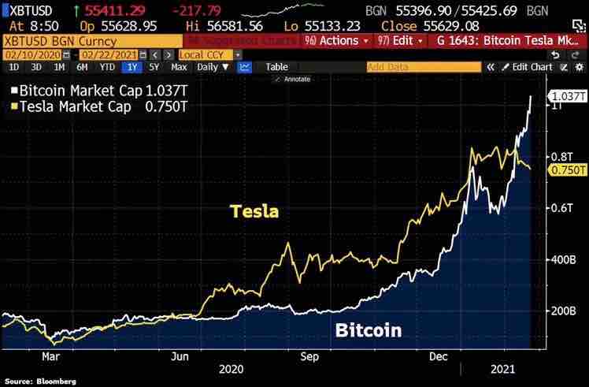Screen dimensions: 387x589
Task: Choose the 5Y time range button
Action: (154, 67)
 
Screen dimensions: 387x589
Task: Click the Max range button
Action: (179, 67)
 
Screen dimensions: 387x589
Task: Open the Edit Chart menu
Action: (532, 67)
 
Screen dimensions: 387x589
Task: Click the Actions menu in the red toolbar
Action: (335, 39)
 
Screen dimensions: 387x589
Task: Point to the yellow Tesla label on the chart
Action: (254, 210)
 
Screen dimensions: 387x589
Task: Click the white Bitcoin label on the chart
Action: (369, 330)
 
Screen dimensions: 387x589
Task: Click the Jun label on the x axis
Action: (180, 356)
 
